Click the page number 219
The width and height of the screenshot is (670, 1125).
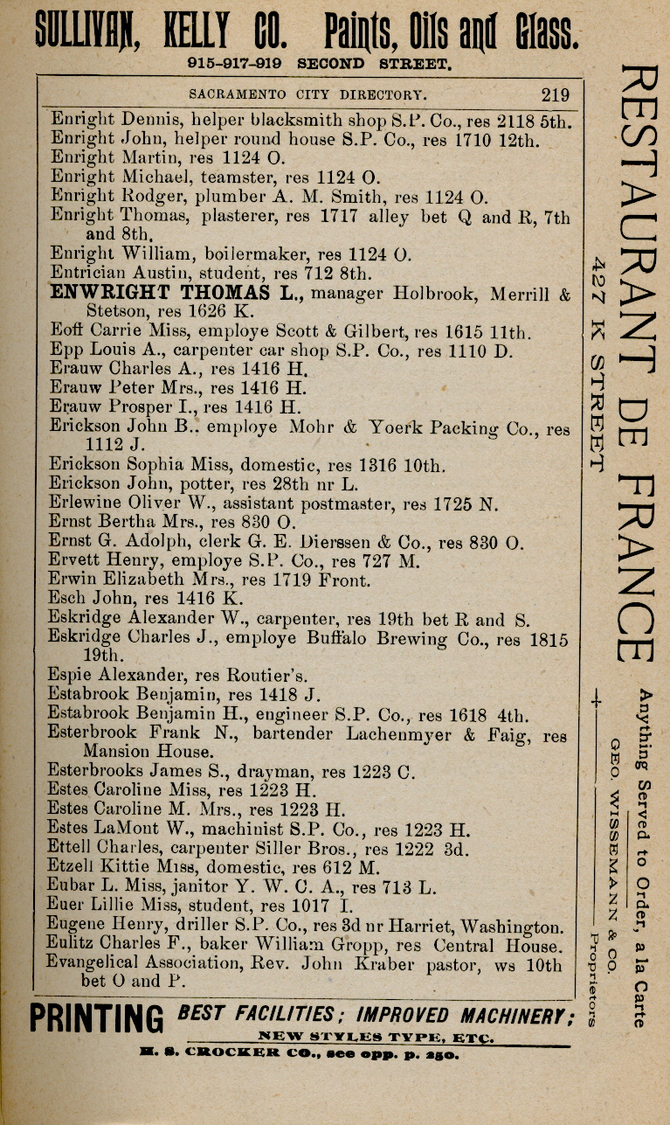pyautogui.click(x=555, y=94)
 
